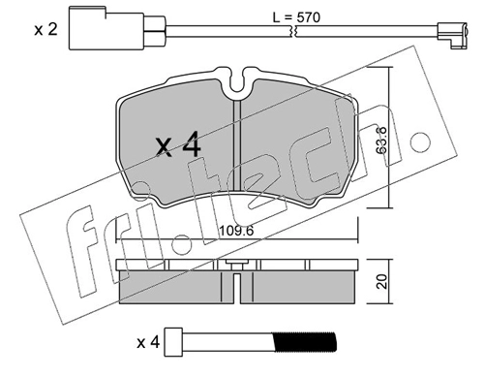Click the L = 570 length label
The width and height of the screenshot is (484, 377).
pyautogui.click(x=296, y=17)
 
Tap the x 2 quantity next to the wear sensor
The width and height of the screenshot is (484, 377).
pyautogui.click(x=46, y=30)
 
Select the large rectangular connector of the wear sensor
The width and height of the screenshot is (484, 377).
pyautogui.click(x=106, y=28)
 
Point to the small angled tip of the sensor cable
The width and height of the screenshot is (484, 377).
pyautogui.click(x=453, y=36)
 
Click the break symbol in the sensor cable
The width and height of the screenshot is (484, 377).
pyautogui.click(x=294, y=31)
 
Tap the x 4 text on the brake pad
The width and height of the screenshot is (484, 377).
pyautogui.click(x=178, y=145)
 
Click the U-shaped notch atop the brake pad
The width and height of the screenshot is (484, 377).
pyautogui.click(x=237, y=81)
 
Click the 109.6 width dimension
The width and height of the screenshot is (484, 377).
pyautogui.click(x=236, y=231)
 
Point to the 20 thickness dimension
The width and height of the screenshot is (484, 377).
pyautogui.click(x=381, y=281)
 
